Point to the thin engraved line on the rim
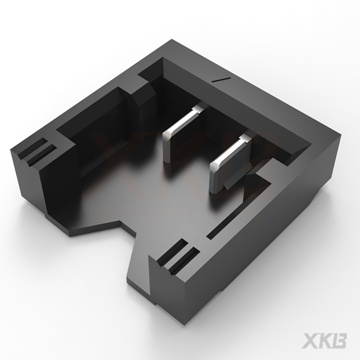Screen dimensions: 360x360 tap(221, 78)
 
